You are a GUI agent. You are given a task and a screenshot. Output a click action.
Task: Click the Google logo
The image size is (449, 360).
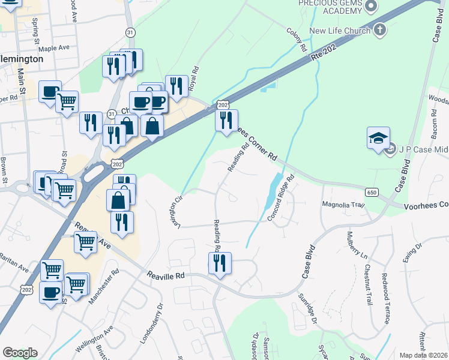(20, 353)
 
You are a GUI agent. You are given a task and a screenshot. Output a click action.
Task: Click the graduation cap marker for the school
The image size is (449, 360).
(379, 139)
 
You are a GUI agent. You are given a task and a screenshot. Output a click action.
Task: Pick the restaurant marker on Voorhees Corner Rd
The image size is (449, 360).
(226, 121)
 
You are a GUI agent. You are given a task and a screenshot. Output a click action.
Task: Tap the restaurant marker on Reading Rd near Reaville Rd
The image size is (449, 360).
(219, 263)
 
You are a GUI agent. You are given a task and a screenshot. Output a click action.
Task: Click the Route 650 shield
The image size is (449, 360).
(372, 191)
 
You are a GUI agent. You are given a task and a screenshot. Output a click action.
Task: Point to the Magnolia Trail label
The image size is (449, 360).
(344, 205)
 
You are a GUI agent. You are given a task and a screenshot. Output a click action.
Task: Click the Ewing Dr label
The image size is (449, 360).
(413, 251)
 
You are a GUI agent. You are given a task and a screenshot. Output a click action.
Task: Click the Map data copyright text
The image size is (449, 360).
(423, 355)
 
